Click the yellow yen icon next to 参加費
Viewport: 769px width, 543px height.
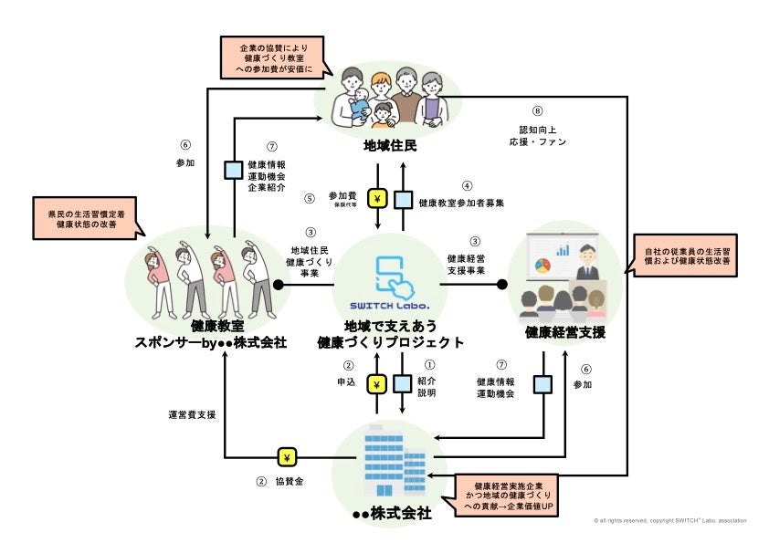pos(376,199)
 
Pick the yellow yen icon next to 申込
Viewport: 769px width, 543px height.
pos(376,383)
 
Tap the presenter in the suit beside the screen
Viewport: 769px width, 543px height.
pos(587,264)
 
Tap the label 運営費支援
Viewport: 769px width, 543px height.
pos(192,414)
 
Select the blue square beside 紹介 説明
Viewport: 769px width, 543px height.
pos(402,383)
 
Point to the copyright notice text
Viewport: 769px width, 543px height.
pos(669,521)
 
